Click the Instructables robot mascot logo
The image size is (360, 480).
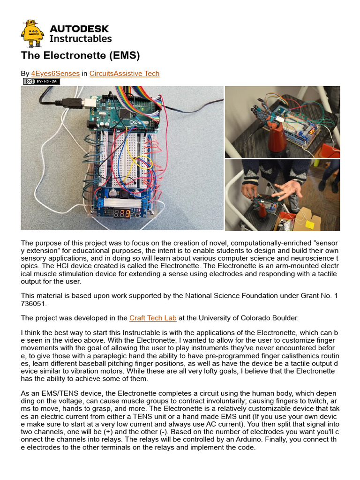(32, 33)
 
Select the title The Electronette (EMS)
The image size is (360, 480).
(80, 56)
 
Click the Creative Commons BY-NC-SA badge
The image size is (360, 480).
(42, 81)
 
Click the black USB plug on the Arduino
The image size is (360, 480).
(74, 101)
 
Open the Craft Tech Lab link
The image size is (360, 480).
(153, 318)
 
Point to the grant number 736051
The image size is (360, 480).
(34, 303)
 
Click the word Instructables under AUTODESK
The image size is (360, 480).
(80, 39)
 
